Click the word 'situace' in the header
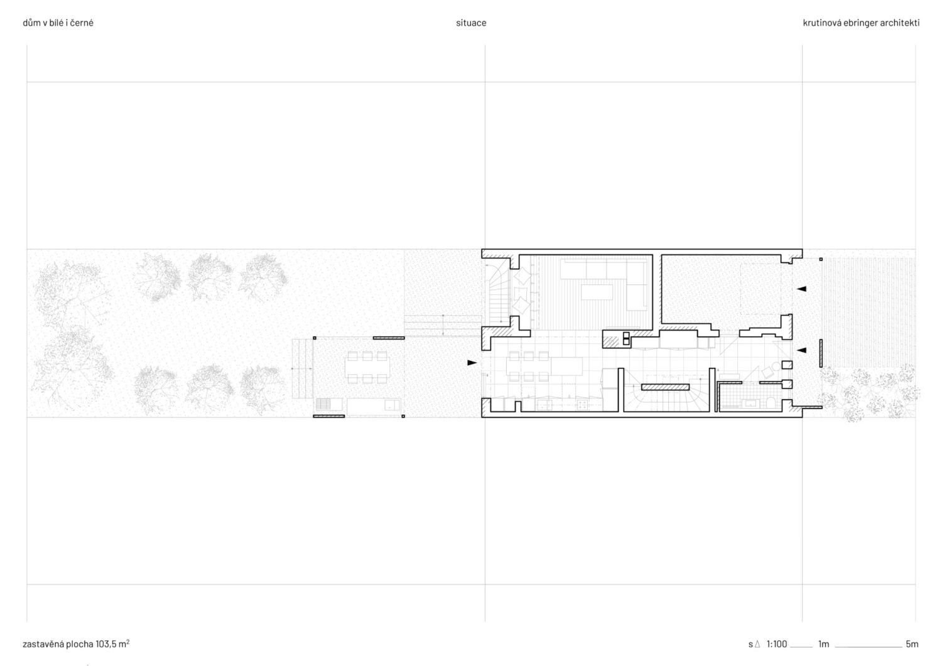pos(471,23)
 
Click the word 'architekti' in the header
pos(899,23)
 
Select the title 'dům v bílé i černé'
pos(58,23)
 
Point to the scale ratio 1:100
pos(777,644)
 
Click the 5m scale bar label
pos(912,644)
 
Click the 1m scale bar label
pos(823,644)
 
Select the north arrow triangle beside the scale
pos(757,644)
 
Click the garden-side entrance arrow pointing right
pos(472,362)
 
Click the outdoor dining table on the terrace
pos(367,367)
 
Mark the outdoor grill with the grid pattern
pos(323,404)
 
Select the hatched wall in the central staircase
pos(665,387)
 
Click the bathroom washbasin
pos(750,404)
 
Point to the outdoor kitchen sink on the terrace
pos(392,405)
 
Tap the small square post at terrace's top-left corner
pos(315,338)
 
